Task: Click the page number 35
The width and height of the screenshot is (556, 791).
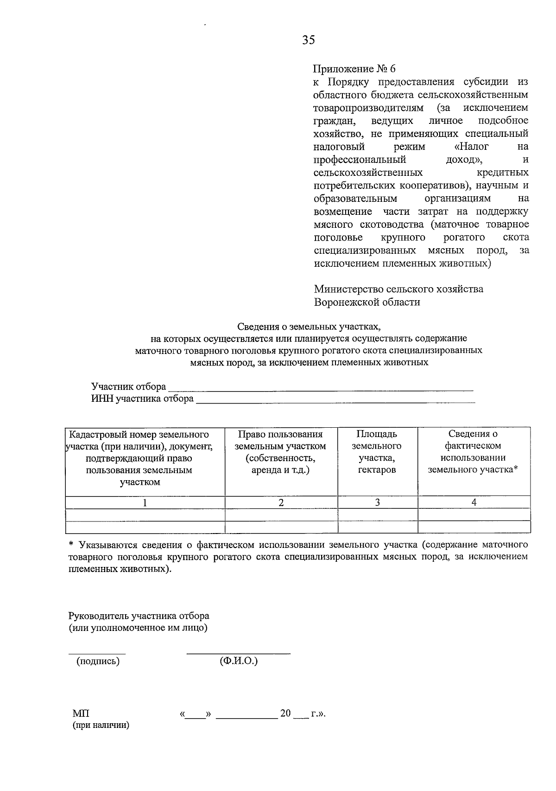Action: pyautogui.click(x=309, y=40)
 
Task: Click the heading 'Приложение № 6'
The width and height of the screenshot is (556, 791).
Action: pyautogui.click(x=354, y=69)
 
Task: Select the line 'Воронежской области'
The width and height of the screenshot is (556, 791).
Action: pyautogui.click(x=367, y=302)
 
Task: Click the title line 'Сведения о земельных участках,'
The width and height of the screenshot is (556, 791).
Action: pyautogui.click(x=309, y=327)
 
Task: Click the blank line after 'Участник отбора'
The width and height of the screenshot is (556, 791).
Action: pyautogui.click(x=320, y=388)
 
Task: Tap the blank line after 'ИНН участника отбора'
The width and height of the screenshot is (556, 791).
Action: pyautogui.click(x=335, y=400)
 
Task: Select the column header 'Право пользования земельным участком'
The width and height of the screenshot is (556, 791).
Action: pyautogui.click(x=280, y=452)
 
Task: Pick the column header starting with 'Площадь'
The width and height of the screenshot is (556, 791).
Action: pyautogui.click(x=377, y=452)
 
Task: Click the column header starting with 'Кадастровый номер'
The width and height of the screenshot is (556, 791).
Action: pyautogui.click(x=139, y=458)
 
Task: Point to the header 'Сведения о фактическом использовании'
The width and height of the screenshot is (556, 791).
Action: pyautogui.click(x=473, y=452)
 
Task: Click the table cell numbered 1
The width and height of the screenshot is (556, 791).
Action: pyautogui.click(x=145, y=502)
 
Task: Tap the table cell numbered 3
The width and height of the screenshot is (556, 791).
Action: pyautogui.click(x=377, y=502)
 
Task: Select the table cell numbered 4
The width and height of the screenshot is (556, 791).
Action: pyautogui.click(x=474, y=502)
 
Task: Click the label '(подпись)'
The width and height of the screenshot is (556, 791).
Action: pyautogui.click(x=98, y=662)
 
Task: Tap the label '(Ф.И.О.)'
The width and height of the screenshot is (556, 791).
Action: pyautogui.click(x=239, y=661)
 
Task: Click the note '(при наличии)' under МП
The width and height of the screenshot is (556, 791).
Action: pyautogui.click(x=101, y=726)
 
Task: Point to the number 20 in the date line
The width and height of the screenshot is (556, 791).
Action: pyautogui.click(x=285, y=714)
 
